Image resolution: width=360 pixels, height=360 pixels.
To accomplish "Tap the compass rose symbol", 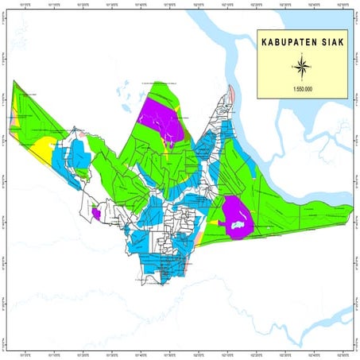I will [x=303, y=64].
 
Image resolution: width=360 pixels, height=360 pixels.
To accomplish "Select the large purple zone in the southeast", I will [x=237, y=215].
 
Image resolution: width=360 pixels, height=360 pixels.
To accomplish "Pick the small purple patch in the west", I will [x=95, y=213].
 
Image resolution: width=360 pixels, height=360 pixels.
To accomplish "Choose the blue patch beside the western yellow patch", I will [x=64, y=160].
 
